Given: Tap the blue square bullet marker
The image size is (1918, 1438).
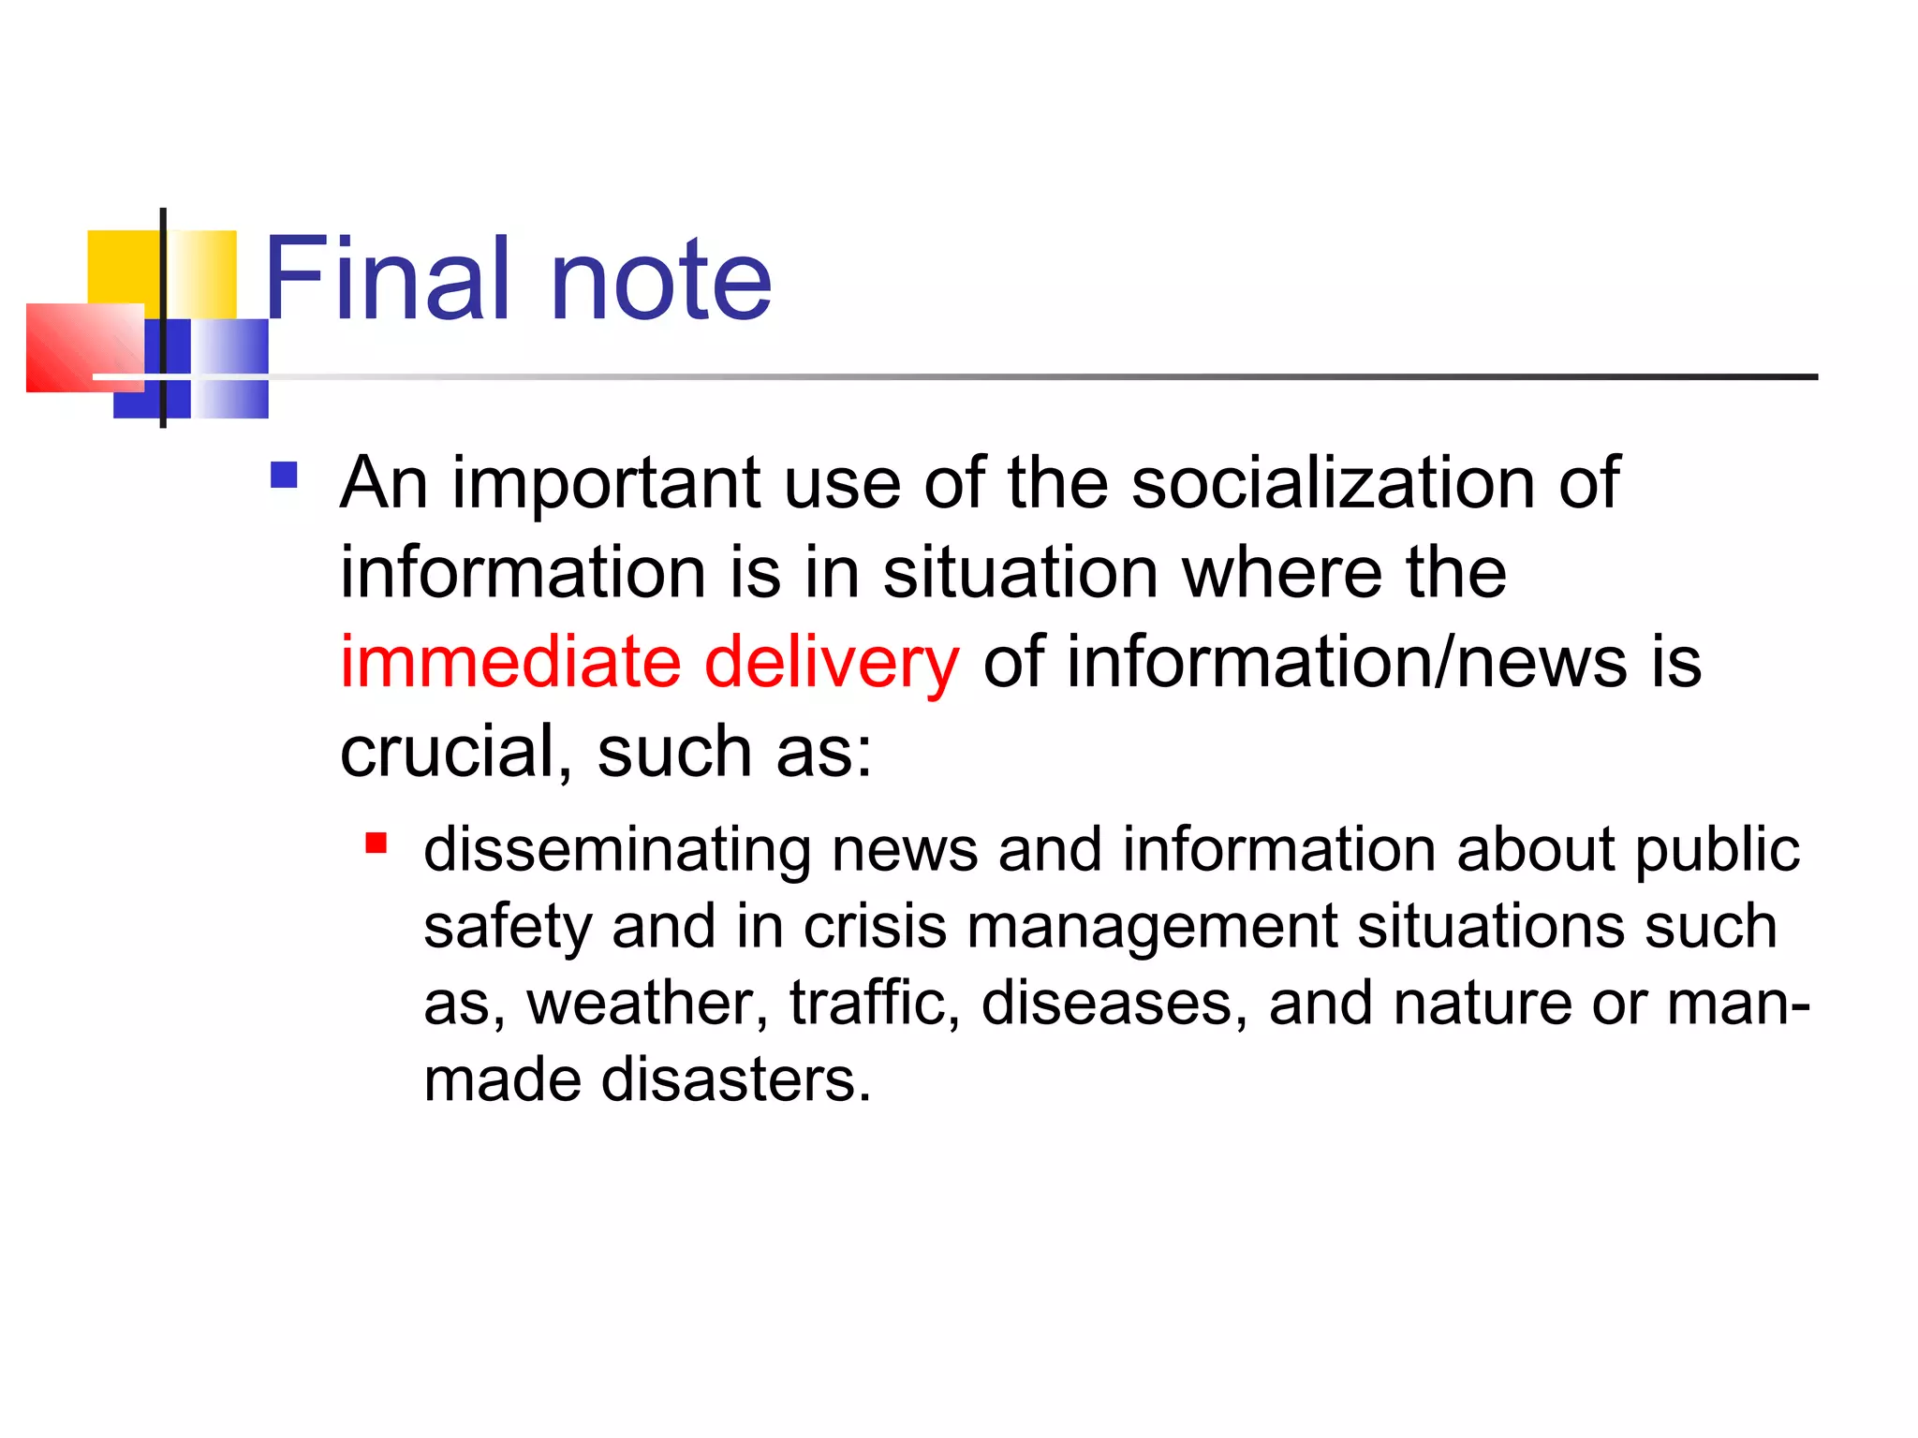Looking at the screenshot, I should tap(284, 476).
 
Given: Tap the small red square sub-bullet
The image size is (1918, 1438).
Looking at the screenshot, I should tap(376, 844).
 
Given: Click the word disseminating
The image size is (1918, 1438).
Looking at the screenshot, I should tap(617, 850).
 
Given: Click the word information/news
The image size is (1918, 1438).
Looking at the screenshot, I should tap(1347, 662).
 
